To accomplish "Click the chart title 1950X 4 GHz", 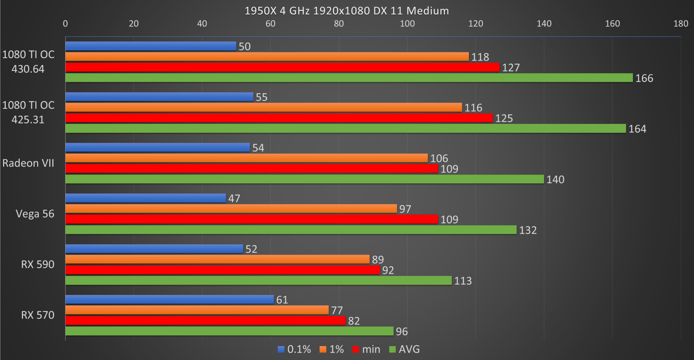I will (347, 11).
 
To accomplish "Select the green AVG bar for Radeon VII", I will (305, 179).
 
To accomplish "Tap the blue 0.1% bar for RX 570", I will (170, 299).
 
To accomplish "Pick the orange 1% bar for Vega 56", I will (231, 208).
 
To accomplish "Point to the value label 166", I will (644, 78).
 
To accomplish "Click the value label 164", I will (637, 129).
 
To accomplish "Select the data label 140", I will (555, 180).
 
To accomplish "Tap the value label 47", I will (234, 198).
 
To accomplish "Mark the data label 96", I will (402, 331).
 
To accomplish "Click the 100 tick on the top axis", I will (407, 24).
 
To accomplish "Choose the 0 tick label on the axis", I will (65, 24).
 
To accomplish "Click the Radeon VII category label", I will (28, 163).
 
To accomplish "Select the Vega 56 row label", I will (35, 214).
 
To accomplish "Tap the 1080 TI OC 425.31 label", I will (28, 112).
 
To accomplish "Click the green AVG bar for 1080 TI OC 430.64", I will (349, 78).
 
